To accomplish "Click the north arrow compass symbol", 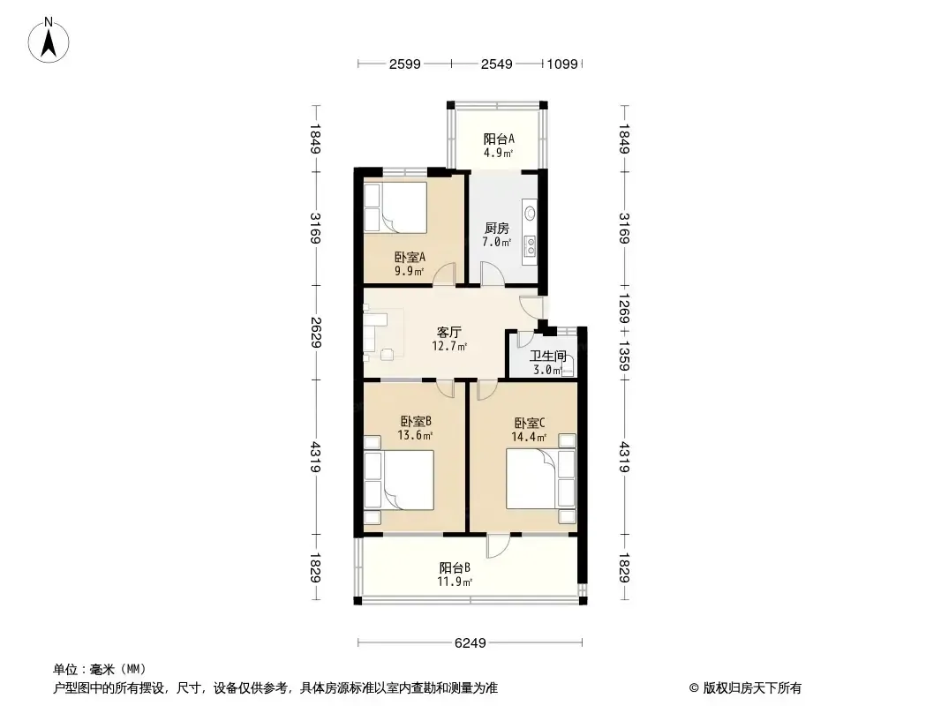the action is pyautogui.click(x=49, y=41).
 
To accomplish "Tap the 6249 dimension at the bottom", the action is pyautogui.click(x=470, y=643).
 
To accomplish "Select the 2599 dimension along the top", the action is pyautogui.click(x=404, y=64).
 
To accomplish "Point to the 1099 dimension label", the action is pyautogui.click(x=562, y=64).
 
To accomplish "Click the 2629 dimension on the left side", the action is pyautogui.click(x=316, y=332).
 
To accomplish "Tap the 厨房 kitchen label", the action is pyautogui.click(x=497, y=228).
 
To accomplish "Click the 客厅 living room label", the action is pyautogui.click(x=449, y=332).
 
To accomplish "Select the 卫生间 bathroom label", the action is pyautogui.click(x=547, y=356).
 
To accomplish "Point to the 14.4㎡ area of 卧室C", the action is pyautogui.click(x=529, y=437).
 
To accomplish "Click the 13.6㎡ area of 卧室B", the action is pyautogui.click(x=415, y=435).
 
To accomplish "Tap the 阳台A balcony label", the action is pyautogui.click(x=499, y=139).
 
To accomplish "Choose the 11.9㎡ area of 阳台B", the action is pyautogui.click(x=455, y=582).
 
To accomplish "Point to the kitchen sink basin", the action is pyautogui.click(x=530, y=214).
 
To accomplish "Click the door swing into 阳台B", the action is pyautogui.click(x=498, y=546).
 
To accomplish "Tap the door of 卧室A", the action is pyautogui.click(x=445, y=274).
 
